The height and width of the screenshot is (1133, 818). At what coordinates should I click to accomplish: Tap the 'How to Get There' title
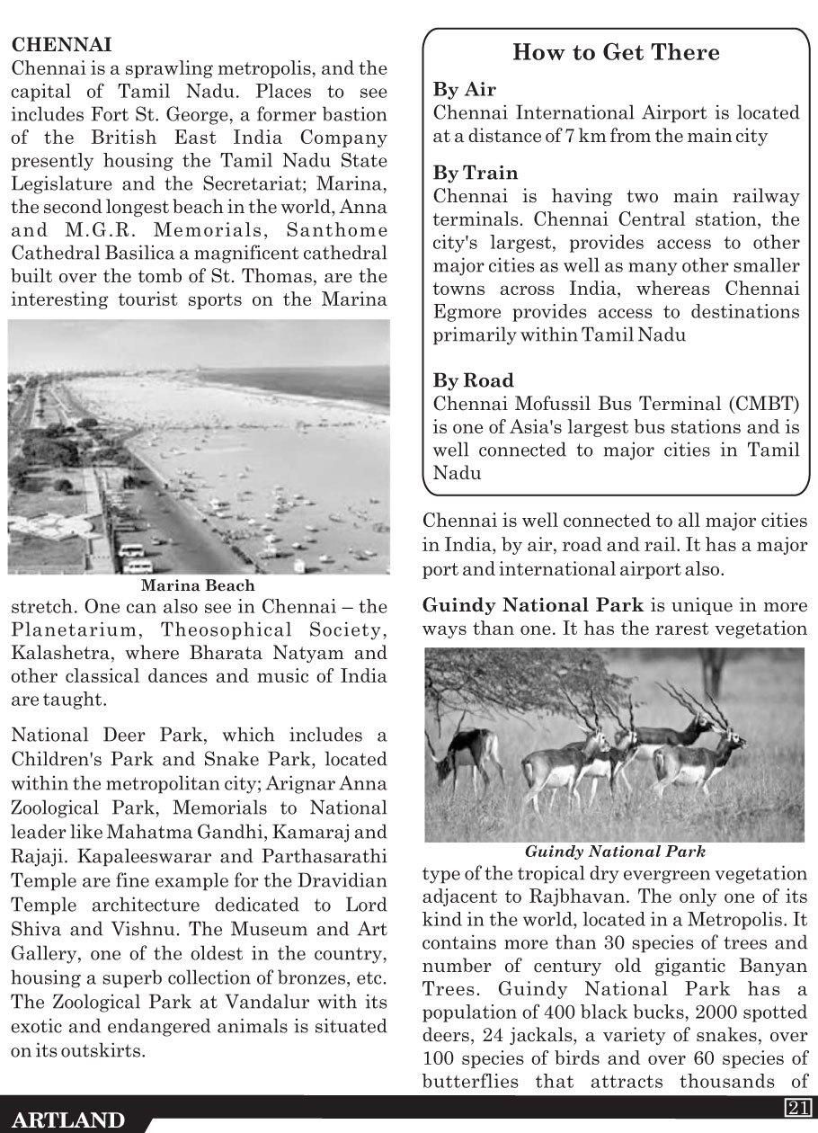(616, 53)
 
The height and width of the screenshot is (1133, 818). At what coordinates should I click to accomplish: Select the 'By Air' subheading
(465, 90)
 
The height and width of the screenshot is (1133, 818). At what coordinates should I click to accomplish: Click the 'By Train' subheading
(476, 173)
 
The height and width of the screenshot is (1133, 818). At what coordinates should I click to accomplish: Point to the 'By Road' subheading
(474, 380)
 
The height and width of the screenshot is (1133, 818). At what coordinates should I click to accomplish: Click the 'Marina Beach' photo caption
(198, 585)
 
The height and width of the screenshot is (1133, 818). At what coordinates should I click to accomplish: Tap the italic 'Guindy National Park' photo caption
(615, 851)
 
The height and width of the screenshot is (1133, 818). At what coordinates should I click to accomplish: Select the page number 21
(799, 1107)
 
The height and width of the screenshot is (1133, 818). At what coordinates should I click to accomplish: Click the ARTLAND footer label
(69, 1120)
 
